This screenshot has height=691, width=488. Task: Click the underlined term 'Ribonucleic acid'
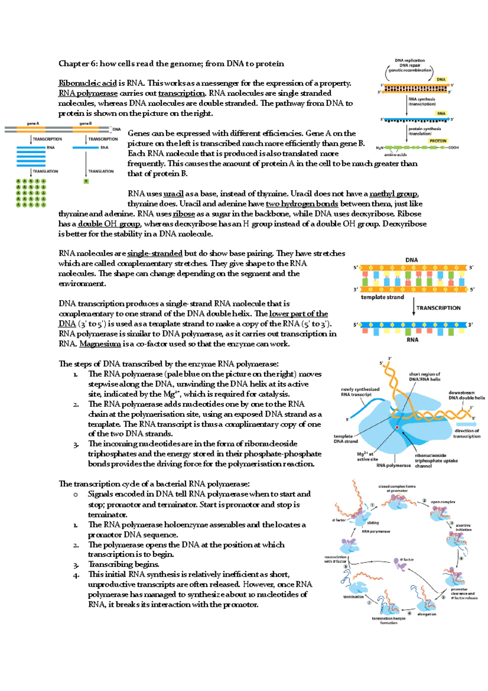pyautogui.click(x=87, y=83)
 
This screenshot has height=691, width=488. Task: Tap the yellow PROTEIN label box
pyautogui.click(x=438, y=141)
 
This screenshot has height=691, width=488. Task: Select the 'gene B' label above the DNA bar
pyautogui.click(x=85, y=124)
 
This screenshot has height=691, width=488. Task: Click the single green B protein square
pyautogui.click(x=86, y=181)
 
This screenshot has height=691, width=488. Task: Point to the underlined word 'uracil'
pyautogui.click(x=173, y=194)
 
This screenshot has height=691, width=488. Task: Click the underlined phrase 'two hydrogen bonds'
pyautogui.click(x=302, y=204)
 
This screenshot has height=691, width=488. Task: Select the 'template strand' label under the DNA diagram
pyautogui.click(x=382, y=297)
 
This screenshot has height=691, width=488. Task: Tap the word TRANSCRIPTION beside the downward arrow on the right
pyautogui.click(x=438, y=308)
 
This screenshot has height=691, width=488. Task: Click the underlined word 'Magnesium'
pyautogui.click(x=100, y=344)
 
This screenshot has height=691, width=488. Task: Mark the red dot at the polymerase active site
pyautogui.click(x=397, y=427)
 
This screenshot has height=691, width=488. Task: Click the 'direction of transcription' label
pyautogui.click(x=467, y=433)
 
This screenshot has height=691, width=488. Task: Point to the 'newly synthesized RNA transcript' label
pyautogui.click(x=360, y=392)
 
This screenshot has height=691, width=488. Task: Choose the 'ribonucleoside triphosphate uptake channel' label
pyautogui.click(x=436, y=461)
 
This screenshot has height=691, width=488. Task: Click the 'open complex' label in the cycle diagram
pyautogui.click(x=443, y=502)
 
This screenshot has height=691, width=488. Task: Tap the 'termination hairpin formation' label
pyautogui.click(x=388, y=621)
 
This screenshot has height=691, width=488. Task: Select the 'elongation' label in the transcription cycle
pyautogui.click(x=427, y=614)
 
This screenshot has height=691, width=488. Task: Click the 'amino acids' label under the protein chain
pyautogui.click(x=395, y=155)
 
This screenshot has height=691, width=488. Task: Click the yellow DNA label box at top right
pyautogui.click(x=441, y=79)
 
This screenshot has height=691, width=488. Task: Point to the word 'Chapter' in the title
pyautogui.click(x=74, y=63)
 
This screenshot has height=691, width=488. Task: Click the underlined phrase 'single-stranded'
pyautogui.click(x=155, y=254)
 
